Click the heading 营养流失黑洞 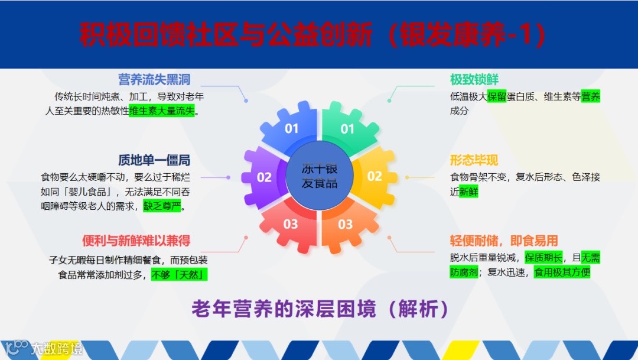pos(154,80)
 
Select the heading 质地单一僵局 pos(154,160)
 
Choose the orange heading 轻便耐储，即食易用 pos(504,241)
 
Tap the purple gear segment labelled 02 pos(263,177)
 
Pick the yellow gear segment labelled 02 pos(375,176)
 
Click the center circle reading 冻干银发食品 pos(320,176)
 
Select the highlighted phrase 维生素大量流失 pos(162,111)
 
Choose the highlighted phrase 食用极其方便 pos(562,273)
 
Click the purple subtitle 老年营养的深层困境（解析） pos(320,309)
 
